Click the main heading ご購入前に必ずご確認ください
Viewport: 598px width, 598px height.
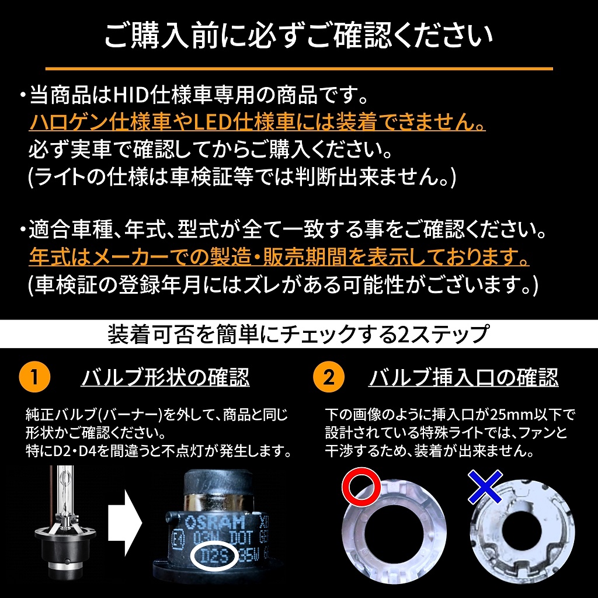coord(298,36)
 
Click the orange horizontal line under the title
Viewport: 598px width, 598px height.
coord(298,69)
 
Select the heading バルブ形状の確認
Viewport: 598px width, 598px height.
coord(165,377)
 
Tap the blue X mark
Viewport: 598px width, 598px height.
coord(485,486)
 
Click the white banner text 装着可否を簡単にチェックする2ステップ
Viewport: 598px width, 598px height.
coord(298,335)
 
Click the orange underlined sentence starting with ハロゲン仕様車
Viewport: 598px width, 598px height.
coord(257,123)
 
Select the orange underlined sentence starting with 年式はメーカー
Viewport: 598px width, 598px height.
coord(279,256)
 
